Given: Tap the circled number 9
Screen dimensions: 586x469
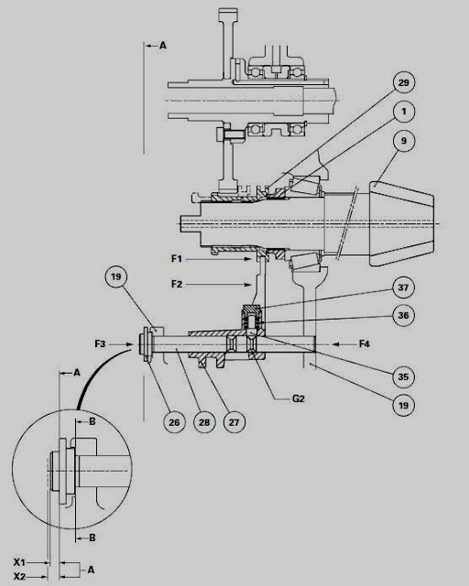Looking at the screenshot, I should pos(402,142).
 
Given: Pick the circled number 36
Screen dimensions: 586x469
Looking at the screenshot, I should pos(402,314).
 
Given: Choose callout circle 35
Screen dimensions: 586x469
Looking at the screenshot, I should pos(402,374).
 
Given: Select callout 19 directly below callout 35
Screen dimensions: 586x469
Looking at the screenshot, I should pos(402,404).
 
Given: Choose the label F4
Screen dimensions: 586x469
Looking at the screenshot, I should pos(364,344).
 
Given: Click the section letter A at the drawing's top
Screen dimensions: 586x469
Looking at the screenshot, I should pos(163,44).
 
